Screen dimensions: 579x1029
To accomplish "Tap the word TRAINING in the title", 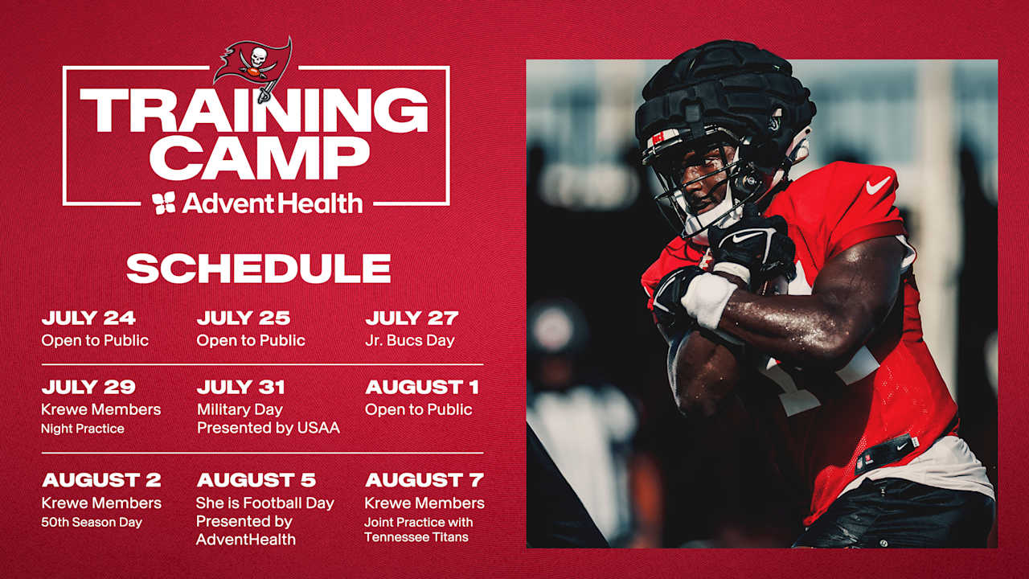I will (x=254, y=111).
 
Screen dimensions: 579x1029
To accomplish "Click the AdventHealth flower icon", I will (x=164, y=203).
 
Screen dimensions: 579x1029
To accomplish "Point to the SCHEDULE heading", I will (x=258, y=269).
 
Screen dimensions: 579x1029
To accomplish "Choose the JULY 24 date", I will (x=88, y=318).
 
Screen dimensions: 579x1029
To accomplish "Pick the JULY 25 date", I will (x=244, y=318).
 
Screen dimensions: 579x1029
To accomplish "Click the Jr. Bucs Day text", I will (x=409, y=340).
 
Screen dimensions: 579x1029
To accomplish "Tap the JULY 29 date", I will (x=88, y=388).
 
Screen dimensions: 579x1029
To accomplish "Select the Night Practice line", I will (x=83, y=429).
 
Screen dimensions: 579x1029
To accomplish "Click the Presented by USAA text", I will (x=269, y=428).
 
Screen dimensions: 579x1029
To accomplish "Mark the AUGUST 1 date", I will (x=422, y=388).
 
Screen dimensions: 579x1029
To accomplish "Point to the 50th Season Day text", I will (x=92, y=522).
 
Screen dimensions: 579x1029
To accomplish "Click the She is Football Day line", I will (x=265, y=503).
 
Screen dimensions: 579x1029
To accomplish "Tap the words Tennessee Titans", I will (x=416, y=536).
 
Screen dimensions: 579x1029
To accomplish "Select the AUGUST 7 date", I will (x=424, y=481).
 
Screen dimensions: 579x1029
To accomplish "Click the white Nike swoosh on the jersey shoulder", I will (x=878, y=186).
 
